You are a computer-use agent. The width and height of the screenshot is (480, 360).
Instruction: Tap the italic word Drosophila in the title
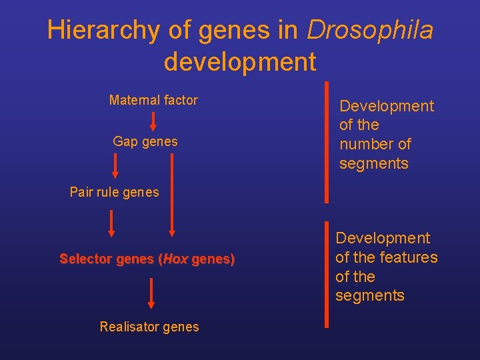click(x=370, y=30)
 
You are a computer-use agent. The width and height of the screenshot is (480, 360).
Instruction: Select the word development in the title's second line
click(x=240, y=61)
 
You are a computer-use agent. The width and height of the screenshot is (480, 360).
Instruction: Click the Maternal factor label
click(x=153, y=100)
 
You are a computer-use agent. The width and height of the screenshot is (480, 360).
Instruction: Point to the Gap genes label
click(x=145, y=141)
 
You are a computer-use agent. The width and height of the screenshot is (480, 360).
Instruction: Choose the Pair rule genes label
click(x=115, y=192)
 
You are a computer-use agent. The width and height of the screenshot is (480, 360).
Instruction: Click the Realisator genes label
click(x=149, y=327)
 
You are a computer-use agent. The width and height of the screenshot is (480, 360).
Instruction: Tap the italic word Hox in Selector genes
click(x=175, y=259)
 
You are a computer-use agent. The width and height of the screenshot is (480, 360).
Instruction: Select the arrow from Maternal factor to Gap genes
click(x=153, y=121)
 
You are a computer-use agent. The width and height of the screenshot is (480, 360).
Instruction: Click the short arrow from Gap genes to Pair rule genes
click(x=115, y=167)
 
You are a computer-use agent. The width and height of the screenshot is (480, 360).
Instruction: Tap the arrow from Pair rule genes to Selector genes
click(x=111, y=223)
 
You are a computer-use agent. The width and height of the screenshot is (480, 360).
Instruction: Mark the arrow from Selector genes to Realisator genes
click(x=151, y=293)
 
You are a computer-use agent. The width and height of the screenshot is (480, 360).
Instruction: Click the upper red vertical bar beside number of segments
click(x=327, y=141)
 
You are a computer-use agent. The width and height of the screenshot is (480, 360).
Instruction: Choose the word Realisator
click(x=130, y=327)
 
